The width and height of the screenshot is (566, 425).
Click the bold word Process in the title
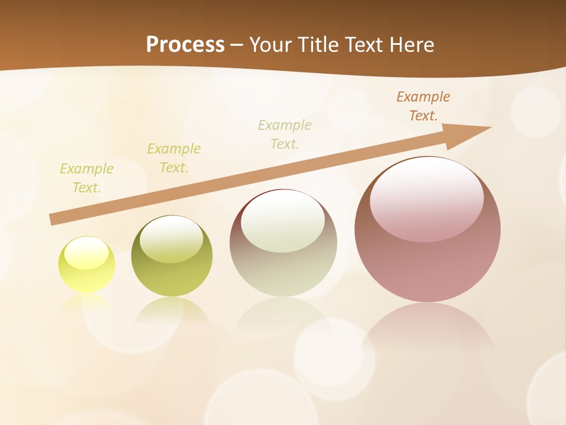point(185,45)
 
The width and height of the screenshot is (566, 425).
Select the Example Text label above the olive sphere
point(174,158)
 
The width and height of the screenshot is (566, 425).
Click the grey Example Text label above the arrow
point(285,135)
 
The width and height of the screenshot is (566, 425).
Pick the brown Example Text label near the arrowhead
point(423,106)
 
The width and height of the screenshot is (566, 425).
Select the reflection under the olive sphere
point(172,310)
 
